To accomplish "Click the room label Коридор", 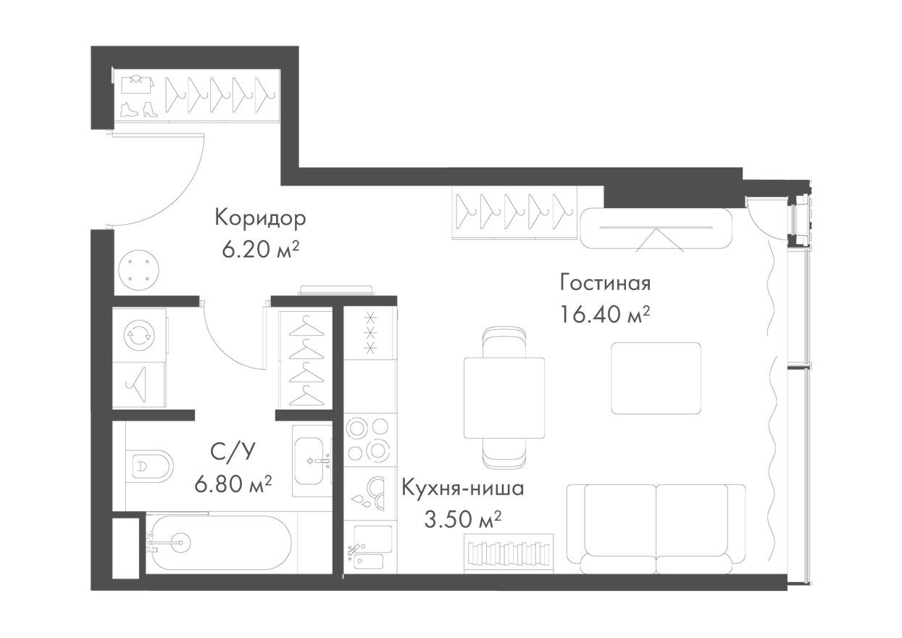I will click(x=260, y=217).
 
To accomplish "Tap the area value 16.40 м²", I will click(x=604, y=314).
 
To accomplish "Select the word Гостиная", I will click(x=605, y=281).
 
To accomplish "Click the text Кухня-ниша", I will click(x=462, y=487).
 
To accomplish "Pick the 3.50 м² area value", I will click(x=462, y=519).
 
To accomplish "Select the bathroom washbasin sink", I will click(x=312, y=460).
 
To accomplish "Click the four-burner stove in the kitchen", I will click(x=369, y=439).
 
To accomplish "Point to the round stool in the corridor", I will click(x=138, y=270).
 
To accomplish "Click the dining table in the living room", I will click(x=504, y=398).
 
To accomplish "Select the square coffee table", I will click(x=656, y=378).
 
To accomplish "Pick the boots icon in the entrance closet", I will click(x=138, y=109).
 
